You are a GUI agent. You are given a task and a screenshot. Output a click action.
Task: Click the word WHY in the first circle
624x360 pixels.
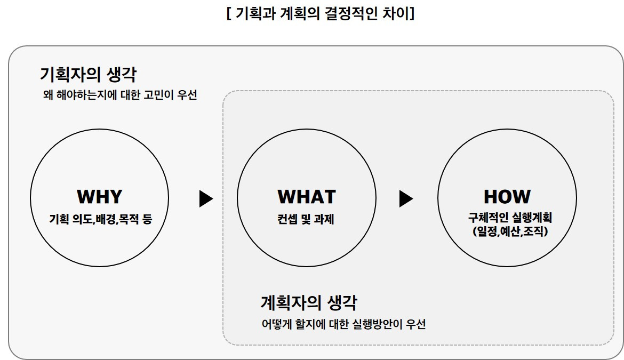point(100,197)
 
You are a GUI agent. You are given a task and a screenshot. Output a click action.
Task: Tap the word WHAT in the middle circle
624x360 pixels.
point(307,197)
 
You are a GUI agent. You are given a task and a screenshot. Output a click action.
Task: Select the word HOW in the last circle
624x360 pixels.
point(507,197)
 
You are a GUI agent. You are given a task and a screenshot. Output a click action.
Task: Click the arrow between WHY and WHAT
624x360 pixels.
point(206,199)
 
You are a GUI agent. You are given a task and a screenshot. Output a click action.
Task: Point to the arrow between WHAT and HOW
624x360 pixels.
point(406,199)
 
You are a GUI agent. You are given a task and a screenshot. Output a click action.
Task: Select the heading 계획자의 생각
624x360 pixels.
point(309,303)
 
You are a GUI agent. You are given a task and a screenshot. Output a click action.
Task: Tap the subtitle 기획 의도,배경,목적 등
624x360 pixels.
point(100,219)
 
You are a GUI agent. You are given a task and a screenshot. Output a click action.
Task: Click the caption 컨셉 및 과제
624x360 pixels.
point(306,219)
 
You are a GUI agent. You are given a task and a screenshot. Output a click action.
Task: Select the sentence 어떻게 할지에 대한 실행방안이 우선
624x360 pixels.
point(343,324)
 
